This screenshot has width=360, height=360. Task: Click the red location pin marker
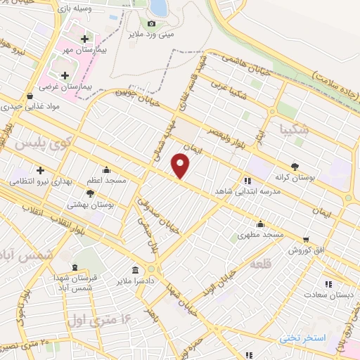[x=181, y=166]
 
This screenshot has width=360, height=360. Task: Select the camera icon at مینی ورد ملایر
[x=151, y=24]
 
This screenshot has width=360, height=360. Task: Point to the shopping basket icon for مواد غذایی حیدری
[x=29, y=96]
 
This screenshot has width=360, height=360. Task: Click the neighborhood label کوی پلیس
[x=33, y=143]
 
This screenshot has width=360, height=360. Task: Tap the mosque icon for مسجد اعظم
[x=106, y=169]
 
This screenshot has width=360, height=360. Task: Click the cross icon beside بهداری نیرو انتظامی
[x=40, y=170]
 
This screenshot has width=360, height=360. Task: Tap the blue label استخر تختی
[x=304, y=338]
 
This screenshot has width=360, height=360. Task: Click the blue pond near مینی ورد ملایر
[x=159, y=7]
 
